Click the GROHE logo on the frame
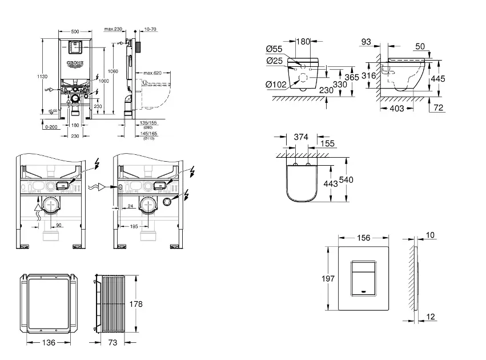pos(75,63)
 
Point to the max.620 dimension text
pos(153,73)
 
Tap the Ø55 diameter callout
pos(274,49)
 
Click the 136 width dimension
pos(49,343)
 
